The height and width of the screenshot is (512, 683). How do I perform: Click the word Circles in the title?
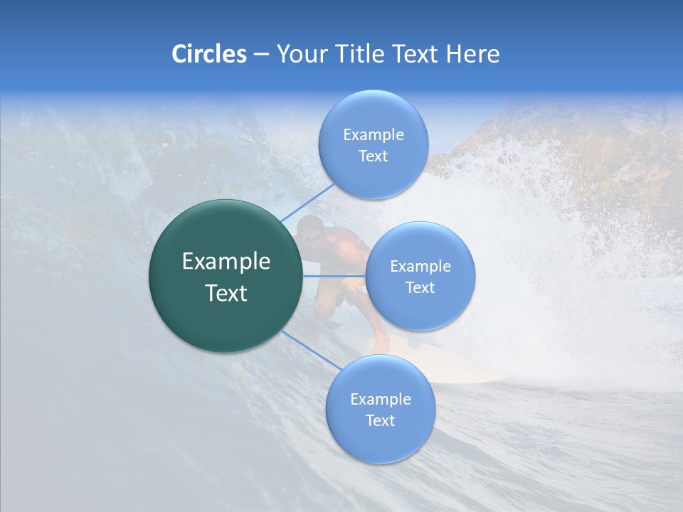click(208, 54)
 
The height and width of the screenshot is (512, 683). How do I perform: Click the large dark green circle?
click(226, 276)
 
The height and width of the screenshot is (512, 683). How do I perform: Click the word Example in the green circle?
click(226, 262)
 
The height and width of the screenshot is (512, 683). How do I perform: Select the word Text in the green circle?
click(226, 293)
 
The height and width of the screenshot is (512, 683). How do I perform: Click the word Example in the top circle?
click(373, 134)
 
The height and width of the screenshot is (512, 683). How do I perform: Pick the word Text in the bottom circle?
click(380, 420)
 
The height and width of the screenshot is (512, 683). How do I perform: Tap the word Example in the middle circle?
click(420, 267)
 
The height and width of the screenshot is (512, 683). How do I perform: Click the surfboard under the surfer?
click(462, 373)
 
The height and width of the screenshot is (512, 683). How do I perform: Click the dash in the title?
click(260, 55)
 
